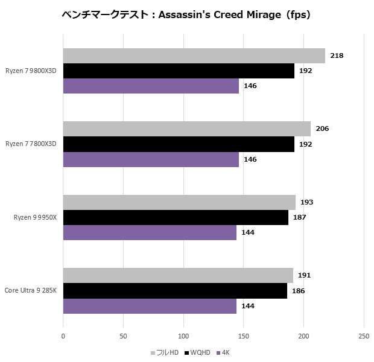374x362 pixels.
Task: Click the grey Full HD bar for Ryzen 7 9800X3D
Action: click(x=194, y=56)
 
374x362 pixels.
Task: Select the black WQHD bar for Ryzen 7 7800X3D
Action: click(x=179, y=144)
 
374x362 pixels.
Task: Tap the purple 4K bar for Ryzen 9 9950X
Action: click(x=150, y=232)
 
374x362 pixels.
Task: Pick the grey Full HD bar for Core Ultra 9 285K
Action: click(x=178, y=275)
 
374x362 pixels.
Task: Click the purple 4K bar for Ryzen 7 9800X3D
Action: click(x=151, y=86)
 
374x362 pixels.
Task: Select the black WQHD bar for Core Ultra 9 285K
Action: click(x=175, y=291)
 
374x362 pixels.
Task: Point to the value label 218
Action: click(x=337, y=56)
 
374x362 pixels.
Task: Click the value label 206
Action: click(x=322, y=129)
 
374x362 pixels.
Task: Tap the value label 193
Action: click(x=307, y=202)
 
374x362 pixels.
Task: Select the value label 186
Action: click(x=298, y=291)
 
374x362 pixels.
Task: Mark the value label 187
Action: click(x=299, y=217)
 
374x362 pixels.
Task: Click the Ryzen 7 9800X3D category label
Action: click(x=31, y=71)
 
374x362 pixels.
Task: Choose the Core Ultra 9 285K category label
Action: click(x=31, y=290)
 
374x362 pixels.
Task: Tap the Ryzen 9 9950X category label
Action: click(x=34, y=217)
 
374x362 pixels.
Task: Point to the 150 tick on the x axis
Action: click(x=243, y=336)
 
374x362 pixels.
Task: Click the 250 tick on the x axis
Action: click(x=363, y=336)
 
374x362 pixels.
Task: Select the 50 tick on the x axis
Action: click(x=123, y=336)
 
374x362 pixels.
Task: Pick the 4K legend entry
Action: click(x=225, y=352)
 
